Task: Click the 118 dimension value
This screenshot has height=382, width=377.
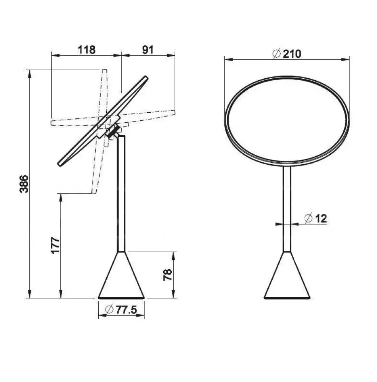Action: (86, 50)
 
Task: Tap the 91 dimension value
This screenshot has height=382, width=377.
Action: (148, 50)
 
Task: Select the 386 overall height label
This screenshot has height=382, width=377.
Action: (24, 184)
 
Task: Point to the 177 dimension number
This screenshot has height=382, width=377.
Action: (55, 245)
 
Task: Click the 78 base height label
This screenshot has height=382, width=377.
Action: (168, 275)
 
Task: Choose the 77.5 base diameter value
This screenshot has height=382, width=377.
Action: (126, 310)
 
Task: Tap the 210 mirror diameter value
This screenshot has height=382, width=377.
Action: (292, 54)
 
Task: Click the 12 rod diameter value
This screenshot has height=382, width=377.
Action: (321, 219)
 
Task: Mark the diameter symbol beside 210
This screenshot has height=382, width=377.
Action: (276, 53)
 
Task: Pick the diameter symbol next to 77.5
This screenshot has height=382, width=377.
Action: (109, 309)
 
